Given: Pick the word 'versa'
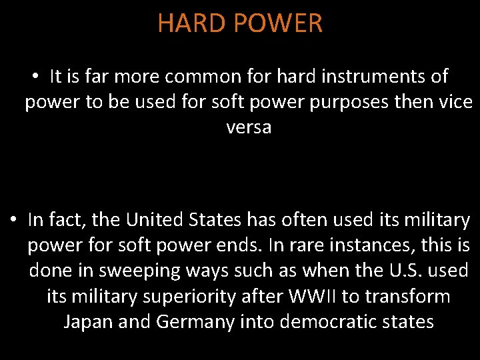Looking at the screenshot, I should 249,127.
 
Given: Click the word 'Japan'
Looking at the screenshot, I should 88,321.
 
